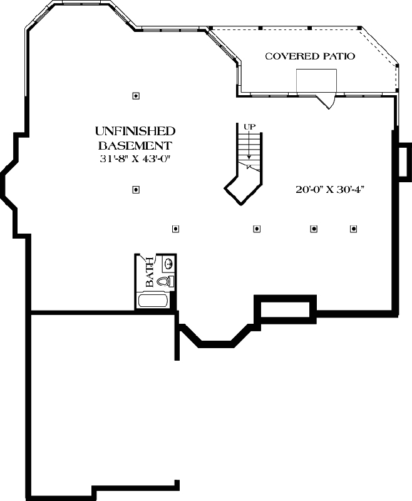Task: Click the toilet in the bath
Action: tap(165, 282)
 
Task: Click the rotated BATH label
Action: tap(149, 273)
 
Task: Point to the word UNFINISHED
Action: tap(135, 132)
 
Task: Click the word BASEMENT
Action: tap(135, 145)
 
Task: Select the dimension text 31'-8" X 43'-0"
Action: tap(135, 159)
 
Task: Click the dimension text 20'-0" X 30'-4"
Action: tap(330, 189)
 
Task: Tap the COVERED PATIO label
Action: tap(310, 56)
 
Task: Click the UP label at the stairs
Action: tap(249, 127)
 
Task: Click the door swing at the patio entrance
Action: tap(327, 100)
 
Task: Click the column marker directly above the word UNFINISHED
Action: tap(136, 96)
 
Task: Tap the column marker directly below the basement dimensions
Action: tap(136, 190)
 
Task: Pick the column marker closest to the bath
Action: tap(176, 229)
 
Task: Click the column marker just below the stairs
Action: tap(256, 229)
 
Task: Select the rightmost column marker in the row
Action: tap(353, 229)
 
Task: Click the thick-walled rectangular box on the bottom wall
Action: tap(286, 309)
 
